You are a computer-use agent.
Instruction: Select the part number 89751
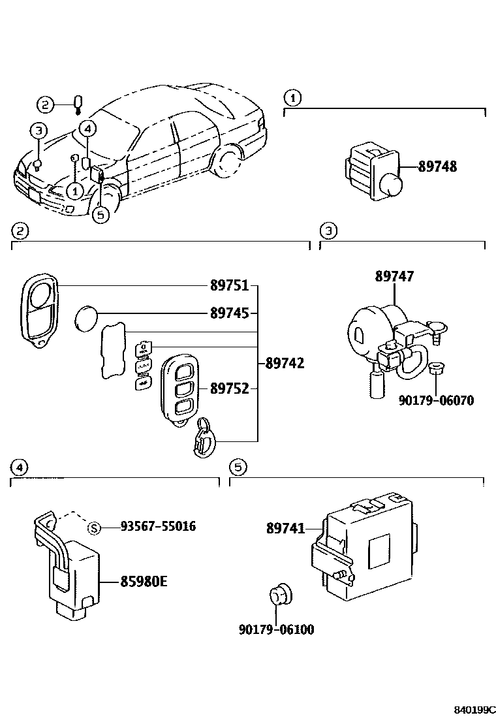coord(229,286)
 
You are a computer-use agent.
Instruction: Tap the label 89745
coord(229,313)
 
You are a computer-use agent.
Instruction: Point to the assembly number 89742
coord(284,362)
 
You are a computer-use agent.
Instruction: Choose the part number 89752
coord(229,388)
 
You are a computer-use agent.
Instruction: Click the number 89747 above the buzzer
coord(394,277)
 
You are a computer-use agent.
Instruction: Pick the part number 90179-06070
coord(436,400)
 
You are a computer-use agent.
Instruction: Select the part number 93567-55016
coord(158,526)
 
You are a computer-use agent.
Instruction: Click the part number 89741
coord(285,528)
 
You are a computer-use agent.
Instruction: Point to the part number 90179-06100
coord(276,629)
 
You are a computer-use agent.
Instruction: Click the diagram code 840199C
coord(475,709)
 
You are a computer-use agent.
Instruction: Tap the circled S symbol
coord(94,527)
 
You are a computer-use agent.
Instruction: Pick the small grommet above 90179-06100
coord(279,594)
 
